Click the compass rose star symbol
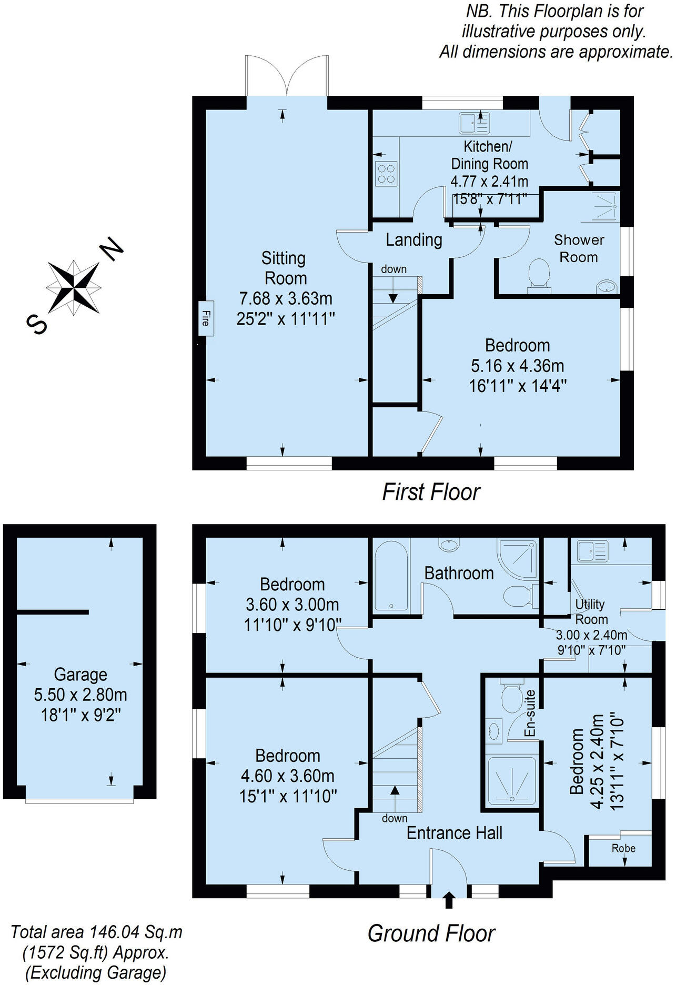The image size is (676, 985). (x=74, y=287)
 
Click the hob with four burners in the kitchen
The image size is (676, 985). (x=386, y=174)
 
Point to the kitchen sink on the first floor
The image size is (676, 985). (x=474, y=123)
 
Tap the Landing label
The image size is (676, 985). (x=413, y=240)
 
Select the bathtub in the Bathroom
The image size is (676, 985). (x=390, y=576)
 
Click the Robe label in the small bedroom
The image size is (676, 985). (x=623, y=848)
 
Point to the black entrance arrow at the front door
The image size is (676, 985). (x=448, y=900)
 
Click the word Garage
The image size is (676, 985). (x=80, y=675)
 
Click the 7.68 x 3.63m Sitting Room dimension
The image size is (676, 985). (x=286, y=298)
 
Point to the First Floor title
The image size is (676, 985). (x=431, y=492)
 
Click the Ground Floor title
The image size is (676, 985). (x=431, y=933)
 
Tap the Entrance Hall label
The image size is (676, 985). (x=455, y=833)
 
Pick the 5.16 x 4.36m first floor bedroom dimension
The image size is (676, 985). (x=517, y=366)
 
